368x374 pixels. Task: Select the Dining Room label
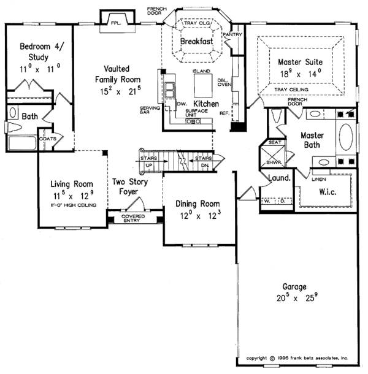point(197,204)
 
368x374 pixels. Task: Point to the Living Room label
point(72,183)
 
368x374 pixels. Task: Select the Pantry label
point(232,35)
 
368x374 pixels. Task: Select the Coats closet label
point(48,139)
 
